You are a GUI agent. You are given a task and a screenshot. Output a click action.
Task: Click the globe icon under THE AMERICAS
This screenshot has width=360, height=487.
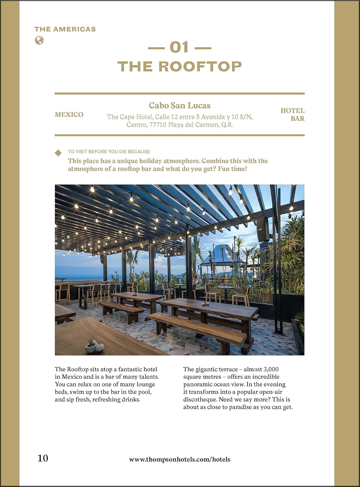[x=39, y=41]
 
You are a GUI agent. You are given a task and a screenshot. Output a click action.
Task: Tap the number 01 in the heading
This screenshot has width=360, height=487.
[x=179, y=48]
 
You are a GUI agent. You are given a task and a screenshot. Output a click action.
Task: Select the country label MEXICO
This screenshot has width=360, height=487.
[x=69, y=115]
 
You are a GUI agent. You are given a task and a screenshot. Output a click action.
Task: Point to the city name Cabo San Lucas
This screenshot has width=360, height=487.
[x=180, y=106]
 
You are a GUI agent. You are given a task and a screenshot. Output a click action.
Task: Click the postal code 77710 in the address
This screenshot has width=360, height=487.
[x=158, y=125]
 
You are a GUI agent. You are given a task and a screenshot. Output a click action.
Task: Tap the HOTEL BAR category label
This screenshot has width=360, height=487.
[x=292, y=115]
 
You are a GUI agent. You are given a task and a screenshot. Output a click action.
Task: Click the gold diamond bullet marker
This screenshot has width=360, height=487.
[x=58, y=153]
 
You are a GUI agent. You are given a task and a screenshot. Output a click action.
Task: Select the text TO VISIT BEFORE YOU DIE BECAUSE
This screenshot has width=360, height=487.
[x=109, y=152]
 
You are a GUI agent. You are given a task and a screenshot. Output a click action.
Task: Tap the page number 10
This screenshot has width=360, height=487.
[x=43, y=458]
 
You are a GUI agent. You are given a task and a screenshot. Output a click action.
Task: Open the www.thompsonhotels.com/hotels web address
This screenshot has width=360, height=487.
[x=180, y=459]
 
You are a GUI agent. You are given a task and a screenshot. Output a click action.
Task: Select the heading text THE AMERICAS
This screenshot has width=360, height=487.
[x=65, y=29]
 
